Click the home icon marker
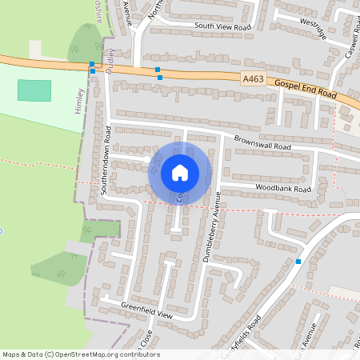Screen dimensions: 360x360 click(180, 172)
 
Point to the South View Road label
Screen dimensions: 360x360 click(222, 26)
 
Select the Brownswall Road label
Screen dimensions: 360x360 click(262, 142)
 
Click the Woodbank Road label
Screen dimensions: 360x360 click(283, 189)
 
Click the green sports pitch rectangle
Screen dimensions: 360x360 click(34, 90)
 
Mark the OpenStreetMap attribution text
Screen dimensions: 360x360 click(80, 354)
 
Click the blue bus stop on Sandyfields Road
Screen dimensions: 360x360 click(298, 262)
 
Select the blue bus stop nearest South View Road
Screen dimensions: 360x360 click(157, 70)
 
